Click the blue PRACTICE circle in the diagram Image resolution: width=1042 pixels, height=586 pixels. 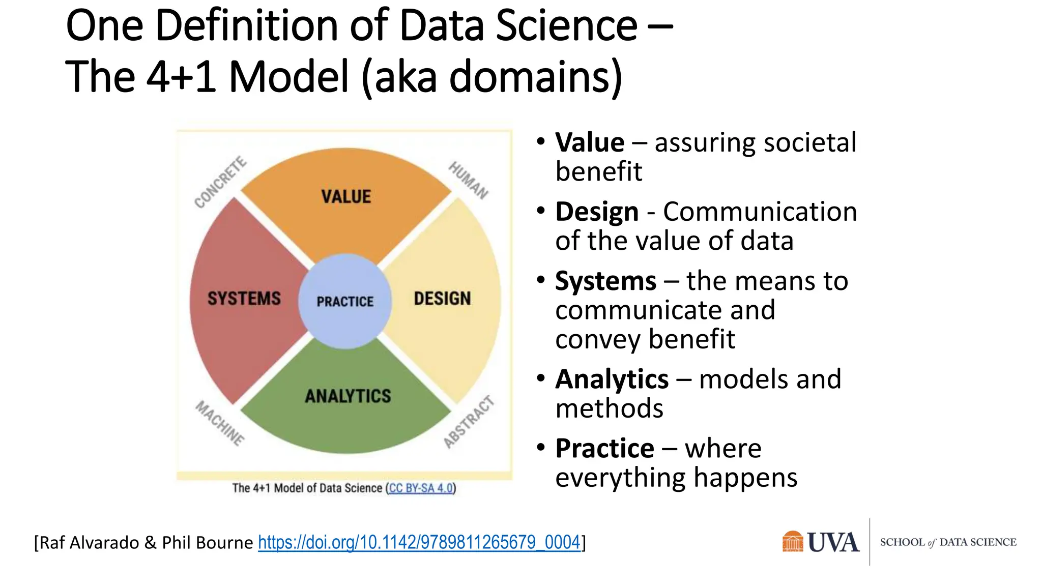pos(345,301)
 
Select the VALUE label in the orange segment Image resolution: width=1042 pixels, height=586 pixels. pos(346,196)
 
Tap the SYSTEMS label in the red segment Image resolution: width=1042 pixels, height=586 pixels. pos(244,298)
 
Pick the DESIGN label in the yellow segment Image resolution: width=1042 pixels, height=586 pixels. pos(442,299)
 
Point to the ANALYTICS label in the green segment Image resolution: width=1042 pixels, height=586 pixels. pos(348,396)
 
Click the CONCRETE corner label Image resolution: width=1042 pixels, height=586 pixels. pos(220,183)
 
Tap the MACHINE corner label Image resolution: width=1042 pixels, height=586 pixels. pos(220,423)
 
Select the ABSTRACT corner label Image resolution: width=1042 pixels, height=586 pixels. pos(469,422)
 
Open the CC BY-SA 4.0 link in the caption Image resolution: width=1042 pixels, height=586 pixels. pos(421,488)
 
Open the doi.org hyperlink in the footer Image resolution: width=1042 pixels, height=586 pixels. pos(419,542)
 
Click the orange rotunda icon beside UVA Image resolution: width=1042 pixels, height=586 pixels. pos(792,542)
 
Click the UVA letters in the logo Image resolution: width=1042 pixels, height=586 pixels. pos(833,542)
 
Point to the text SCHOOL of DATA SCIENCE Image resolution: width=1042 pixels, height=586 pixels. pos(948,542)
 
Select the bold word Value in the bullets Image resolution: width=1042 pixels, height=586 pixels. pos(589,142)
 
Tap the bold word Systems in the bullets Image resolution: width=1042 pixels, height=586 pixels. pos(605,281)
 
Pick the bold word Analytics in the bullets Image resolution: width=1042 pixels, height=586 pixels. pos(612,379)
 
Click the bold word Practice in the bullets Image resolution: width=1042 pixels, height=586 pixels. pos(604,448)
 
